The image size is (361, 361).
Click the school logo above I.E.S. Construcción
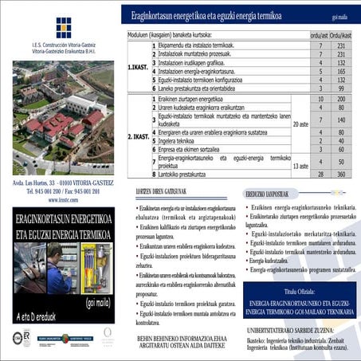(x=63, y=27)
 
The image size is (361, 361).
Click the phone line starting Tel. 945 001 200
(x=61, y=192)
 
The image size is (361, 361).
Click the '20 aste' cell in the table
(x=300, y=125)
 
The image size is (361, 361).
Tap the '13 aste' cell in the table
(x=300, y=165)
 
